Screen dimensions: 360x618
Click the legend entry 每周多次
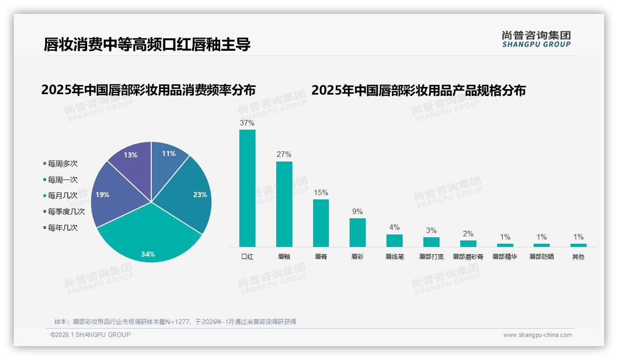pos(62,163)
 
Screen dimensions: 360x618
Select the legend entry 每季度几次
pos(66,211)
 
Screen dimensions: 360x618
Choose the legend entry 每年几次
pos(62,228)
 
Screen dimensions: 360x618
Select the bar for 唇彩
pos(357,233)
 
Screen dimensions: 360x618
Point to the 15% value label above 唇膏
pos(321,192)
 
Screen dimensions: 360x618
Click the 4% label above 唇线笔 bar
pos(394,227)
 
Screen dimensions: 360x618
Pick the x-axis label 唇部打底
pos(431,257)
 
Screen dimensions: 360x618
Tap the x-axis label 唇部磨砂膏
pos(468,257)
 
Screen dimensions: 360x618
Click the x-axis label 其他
pos(578,257)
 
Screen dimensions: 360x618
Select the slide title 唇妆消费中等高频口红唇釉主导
pos(147,45)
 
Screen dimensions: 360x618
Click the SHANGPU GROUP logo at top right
pos(536,39)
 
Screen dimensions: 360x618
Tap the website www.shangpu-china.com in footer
pos(537,335)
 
